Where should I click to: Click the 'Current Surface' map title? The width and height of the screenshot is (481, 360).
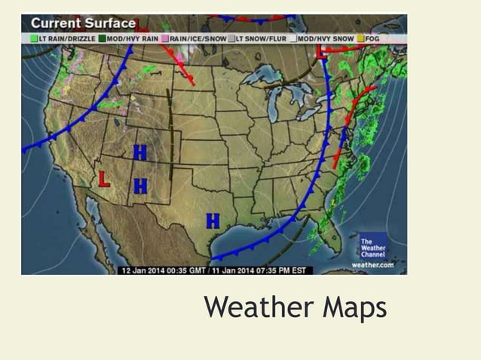(x=83, y=23)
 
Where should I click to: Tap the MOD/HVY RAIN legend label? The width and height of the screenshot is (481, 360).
(x=132, y=37)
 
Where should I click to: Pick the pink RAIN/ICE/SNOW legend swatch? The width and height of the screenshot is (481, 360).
(x=164, y=37)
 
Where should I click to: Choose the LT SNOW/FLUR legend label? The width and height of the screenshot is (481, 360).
(x=262, y=37)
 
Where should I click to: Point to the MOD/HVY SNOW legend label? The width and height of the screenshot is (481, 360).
(x=326, y=37)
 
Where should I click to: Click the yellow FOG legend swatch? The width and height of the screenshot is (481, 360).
(x=361, y=37)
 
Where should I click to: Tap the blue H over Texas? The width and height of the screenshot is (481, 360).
(x=213, y=221)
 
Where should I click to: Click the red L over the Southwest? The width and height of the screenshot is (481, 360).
(x=106, y=179)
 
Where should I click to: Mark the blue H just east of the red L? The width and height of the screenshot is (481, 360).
(x=140, y=185)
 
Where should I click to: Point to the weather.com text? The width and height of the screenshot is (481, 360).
(x=372, y=264)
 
